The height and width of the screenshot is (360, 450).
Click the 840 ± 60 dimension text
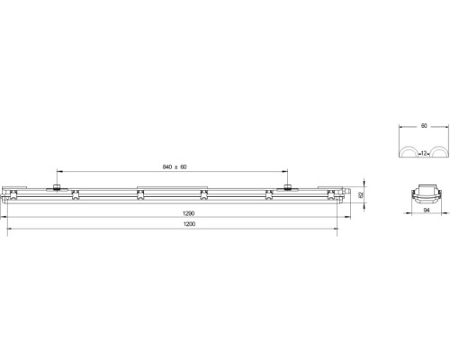point(175,166)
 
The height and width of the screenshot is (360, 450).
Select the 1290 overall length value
point(189,213)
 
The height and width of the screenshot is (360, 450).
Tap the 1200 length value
point(189,224)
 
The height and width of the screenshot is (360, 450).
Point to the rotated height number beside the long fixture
point(361,194)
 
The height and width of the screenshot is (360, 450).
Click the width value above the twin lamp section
point(424,126)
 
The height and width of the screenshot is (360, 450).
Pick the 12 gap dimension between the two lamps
point(424,153)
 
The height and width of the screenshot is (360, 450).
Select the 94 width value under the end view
point(427,211)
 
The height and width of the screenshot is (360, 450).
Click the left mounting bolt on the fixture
point(57,188)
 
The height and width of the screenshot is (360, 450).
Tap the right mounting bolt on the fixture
point(288,188)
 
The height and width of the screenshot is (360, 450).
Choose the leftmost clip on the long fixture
point(13,194)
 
